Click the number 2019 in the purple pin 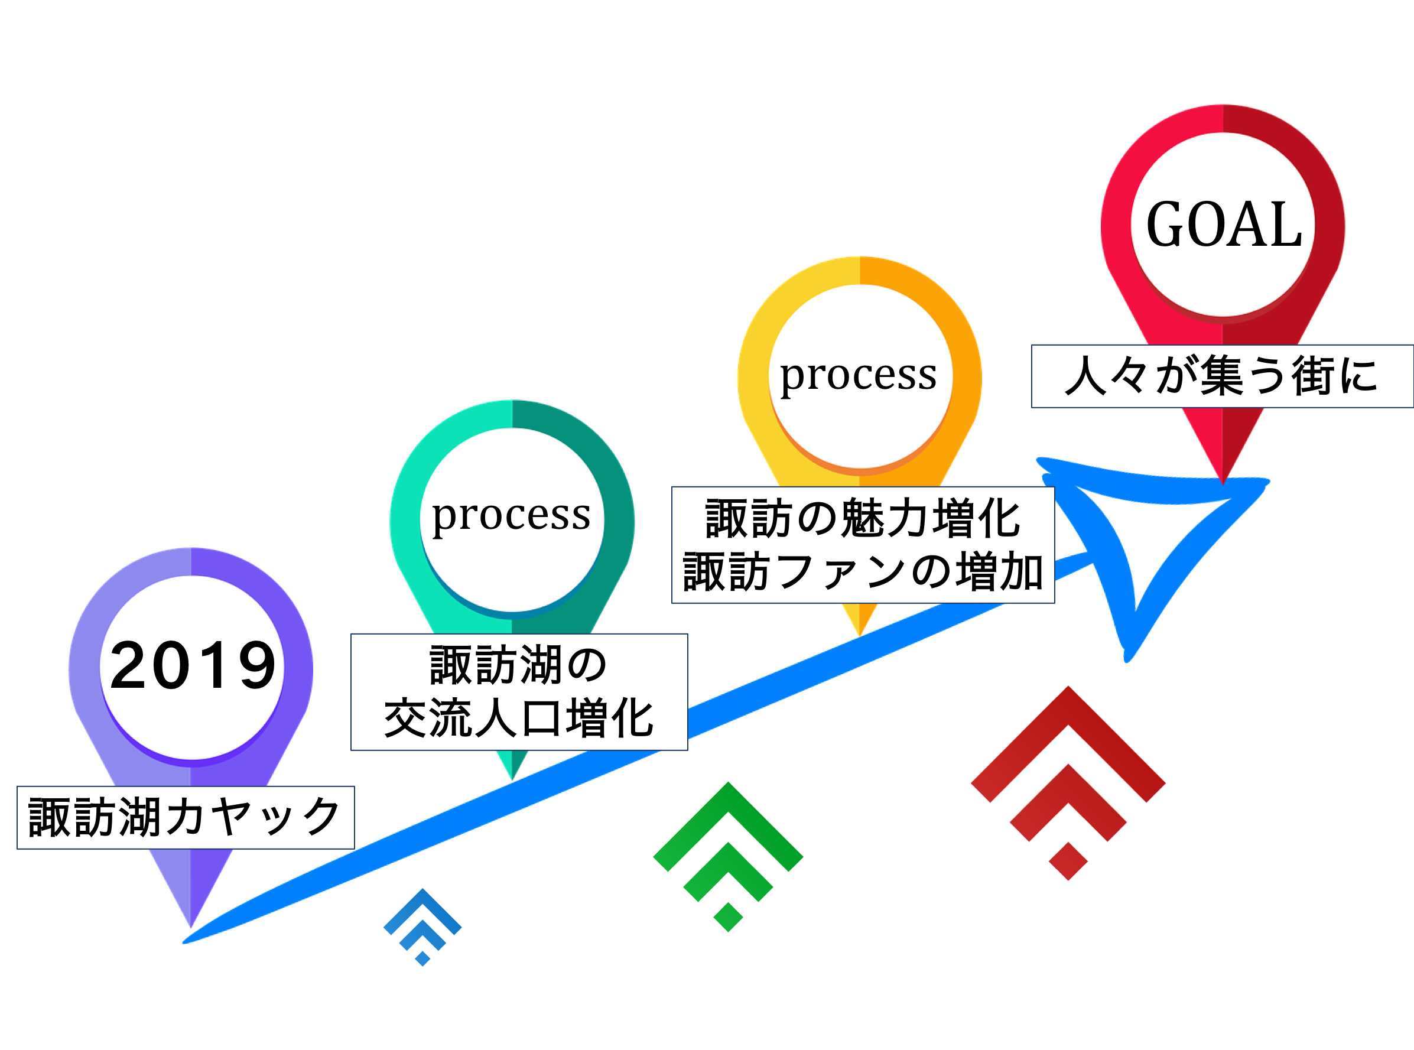pyautogui.click(x=192, y=665)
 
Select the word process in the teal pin pyautogui.click(x=512, y=515)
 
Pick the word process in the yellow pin pyautogui.click(x=859, y=375)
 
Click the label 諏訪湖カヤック pyautogui.click(x=185, y=817)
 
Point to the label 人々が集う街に pyautogui.click(x=1221, y=376)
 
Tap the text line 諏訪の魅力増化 pyautogui.click(x=862, y=519)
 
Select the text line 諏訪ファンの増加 pyautogui.click(x=862, y=572)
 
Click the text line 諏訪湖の pyautogui.click(x=519, y=666)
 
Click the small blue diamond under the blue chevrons pyautogui.click(x=422, y=958)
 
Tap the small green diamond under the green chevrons pyautogui.click(x=729, y=917)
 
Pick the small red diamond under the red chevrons pyautogui.click(x=1068, y=862)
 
